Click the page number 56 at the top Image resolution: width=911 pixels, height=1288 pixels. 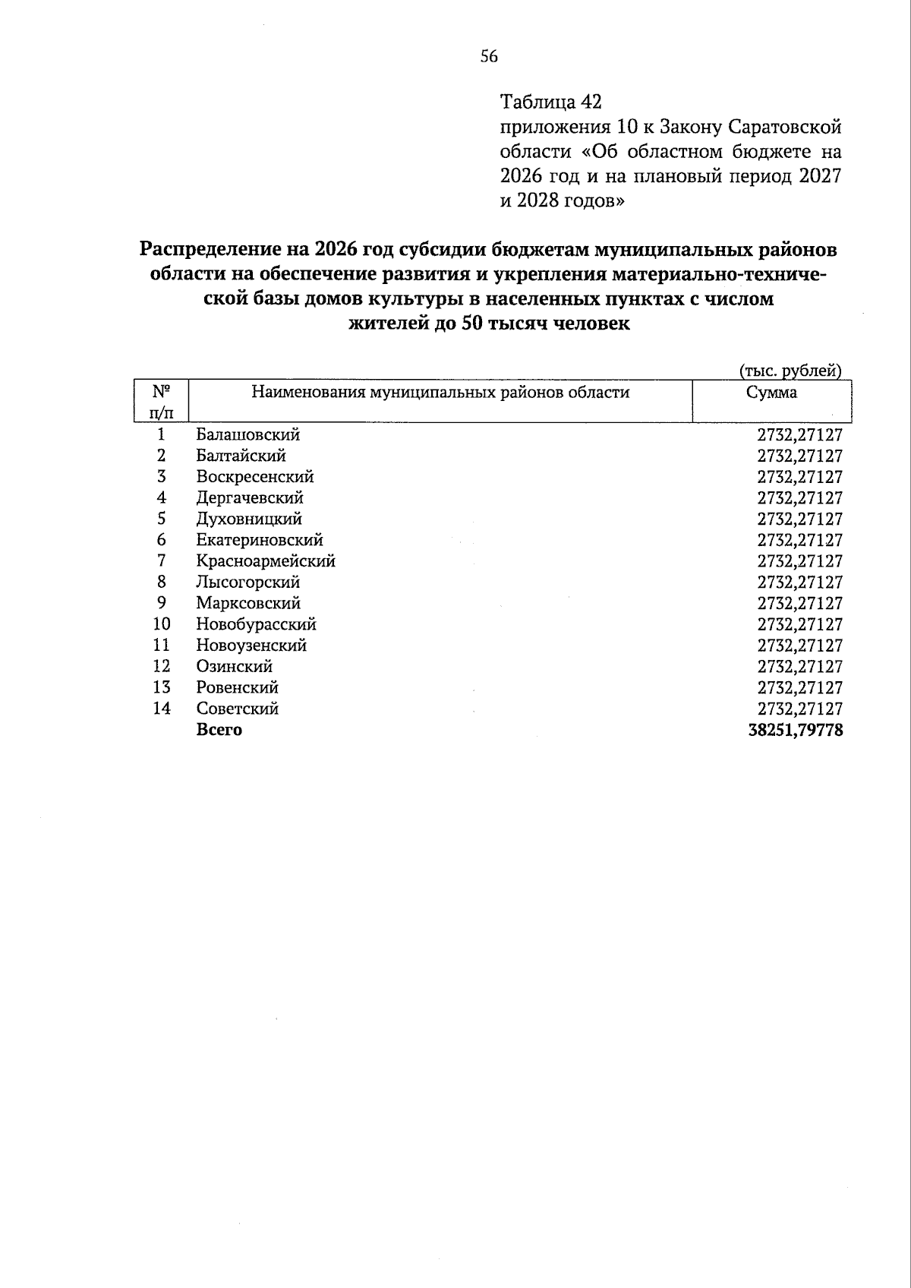tap(488, 56)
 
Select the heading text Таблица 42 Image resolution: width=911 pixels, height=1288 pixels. tap(550, 102)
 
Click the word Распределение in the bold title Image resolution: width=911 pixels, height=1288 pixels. tap(219, 249)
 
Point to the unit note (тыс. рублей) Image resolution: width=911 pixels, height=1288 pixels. tap(790, 371)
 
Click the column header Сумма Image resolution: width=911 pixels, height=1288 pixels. tap(771, 393)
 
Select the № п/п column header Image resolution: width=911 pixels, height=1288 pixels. tap(161, 402)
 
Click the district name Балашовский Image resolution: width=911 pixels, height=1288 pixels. tap(247, 435)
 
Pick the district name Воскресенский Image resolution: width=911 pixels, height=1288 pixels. tap(254, 477)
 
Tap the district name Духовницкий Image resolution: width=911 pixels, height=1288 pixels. tap(249, 519)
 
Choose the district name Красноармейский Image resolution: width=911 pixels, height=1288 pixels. tap(265, 561)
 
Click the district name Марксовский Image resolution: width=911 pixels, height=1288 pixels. tap(248, 604)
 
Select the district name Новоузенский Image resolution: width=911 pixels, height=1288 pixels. tap(251, 646)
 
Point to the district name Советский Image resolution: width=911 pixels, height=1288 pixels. tap(237, 709)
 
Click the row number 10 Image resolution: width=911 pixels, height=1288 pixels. tap(161, 624)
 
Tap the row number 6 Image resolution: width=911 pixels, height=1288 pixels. tap(161, 540)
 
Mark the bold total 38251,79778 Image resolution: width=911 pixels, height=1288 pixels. tap(795, 730)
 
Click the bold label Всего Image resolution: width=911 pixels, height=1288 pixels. tap(219, 730)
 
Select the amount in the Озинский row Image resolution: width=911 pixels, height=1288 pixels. tap(799, 667)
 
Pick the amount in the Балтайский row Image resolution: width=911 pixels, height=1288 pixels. tap(799, 456)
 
